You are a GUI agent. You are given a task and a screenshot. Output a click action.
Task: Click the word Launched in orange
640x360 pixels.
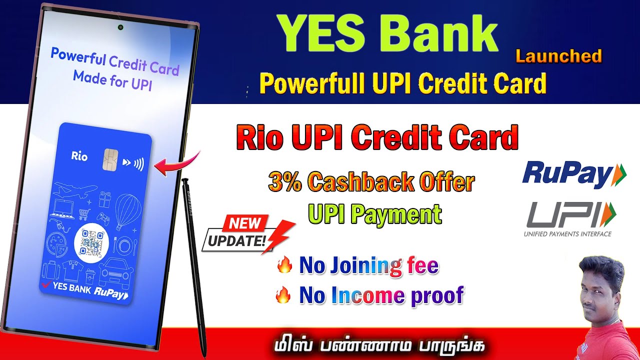coord(558,56)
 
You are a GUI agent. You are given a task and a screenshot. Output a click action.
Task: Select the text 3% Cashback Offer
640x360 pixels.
coord(371,182)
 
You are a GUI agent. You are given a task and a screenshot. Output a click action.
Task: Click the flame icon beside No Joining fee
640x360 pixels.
coord(284,265)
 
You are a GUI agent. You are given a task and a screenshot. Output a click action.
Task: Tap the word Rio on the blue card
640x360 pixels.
coord(79,156)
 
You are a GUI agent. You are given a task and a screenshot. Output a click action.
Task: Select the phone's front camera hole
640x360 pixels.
coord(120,26)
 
